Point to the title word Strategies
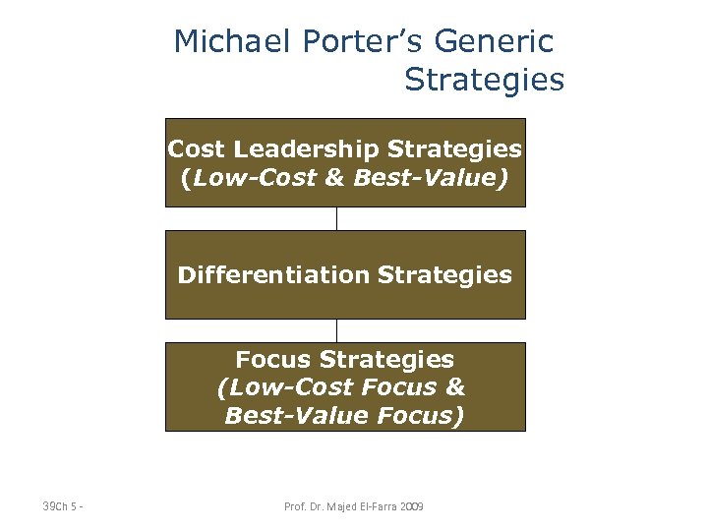coord(484,80)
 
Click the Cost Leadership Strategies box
coord(344,163)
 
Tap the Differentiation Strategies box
coord(344,274)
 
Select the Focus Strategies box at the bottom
coord(344,386)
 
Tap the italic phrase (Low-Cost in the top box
coord(240,179)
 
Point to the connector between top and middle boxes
coord(336,218)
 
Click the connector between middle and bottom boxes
coord(336,330)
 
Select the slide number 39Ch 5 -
coord(63,506)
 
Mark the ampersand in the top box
coord(335,179)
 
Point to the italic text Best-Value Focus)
coord(344,416)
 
